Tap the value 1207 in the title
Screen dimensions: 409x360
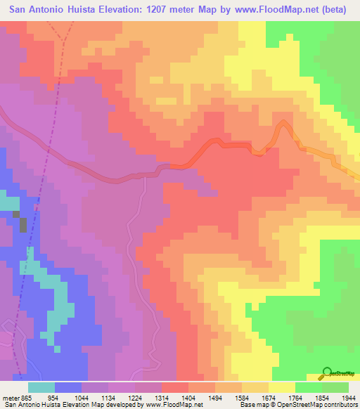(153, 11)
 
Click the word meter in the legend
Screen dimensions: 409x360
(11, 397)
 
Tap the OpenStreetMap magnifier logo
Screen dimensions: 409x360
(326, 373)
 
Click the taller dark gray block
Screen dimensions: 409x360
(22, 225)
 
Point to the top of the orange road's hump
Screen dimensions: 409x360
(283, 124)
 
